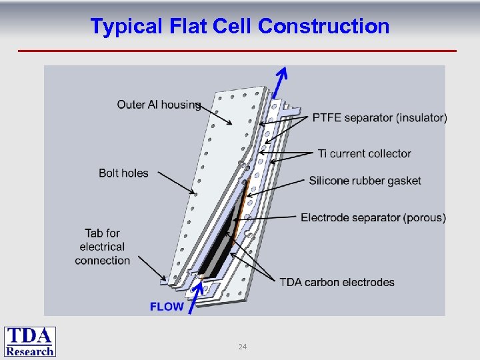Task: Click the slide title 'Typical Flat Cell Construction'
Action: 239,26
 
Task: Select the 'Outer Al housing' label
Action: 159,104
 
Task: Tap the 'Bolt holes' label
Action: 123,173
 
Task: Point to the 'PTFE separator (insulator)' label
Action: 379,118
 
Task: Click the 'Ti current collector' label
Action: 364,153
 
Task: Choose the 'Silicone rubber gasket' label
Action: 365,181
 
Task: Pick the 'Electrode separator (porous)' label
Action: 373,218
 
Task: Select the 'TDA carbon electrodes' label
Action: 337,282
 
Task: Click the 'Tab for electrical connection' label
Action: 102,247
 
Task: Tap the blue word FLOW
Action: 167,307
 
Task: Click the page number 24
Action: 243,347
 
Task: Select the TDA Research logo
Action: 30,341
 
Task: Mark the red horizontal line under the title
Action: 237,51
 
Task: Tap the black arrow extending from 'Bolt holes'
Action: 173,184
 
